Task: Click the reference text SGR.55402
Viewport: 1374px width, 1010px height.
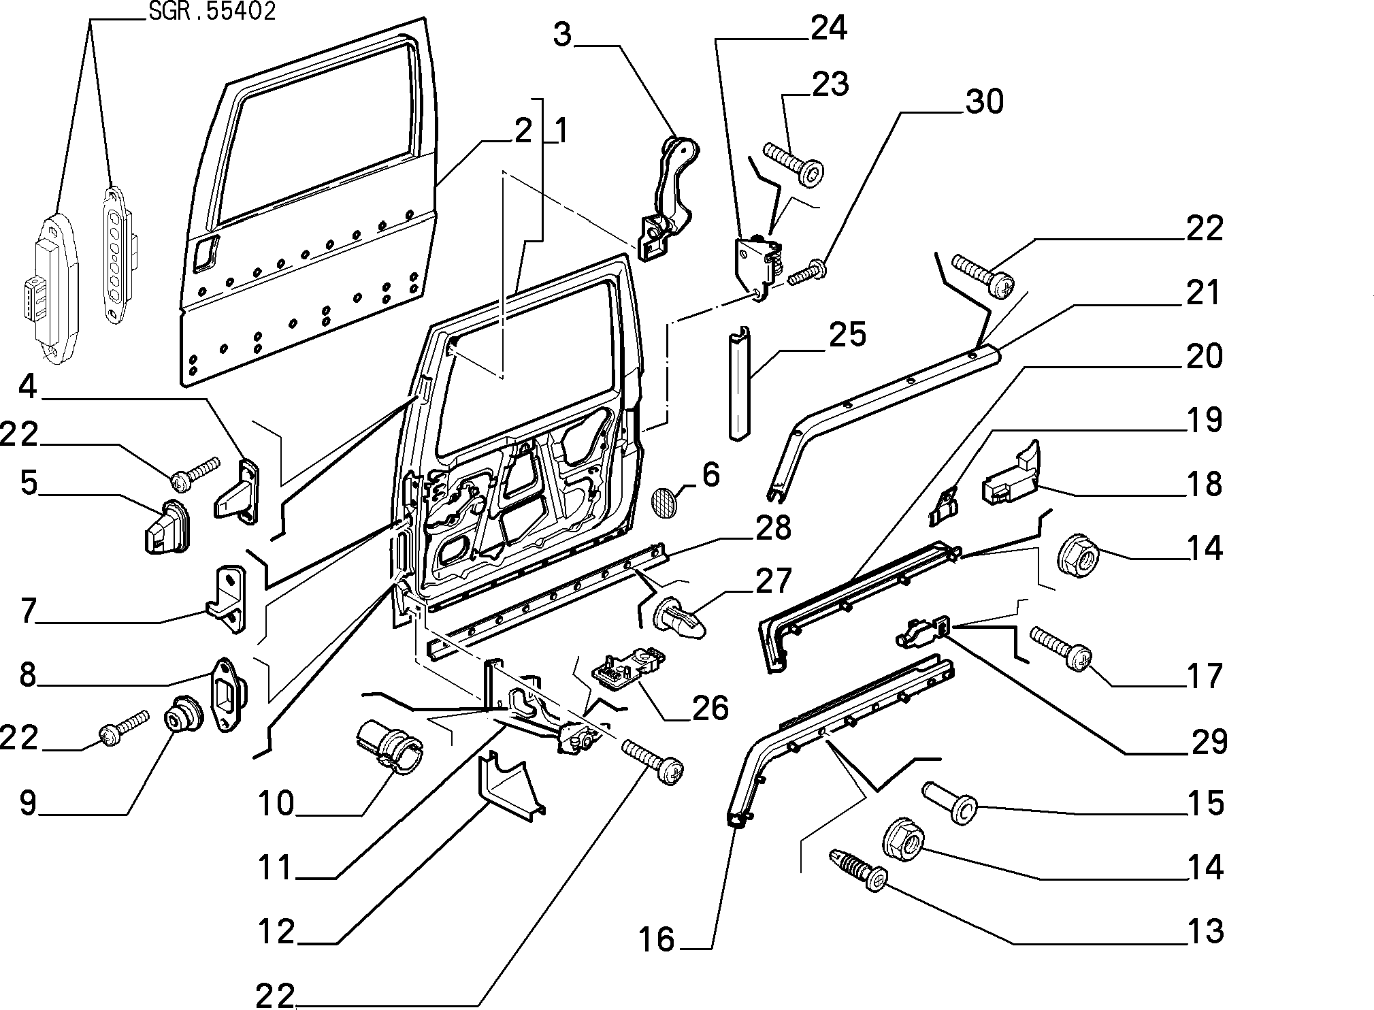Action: pyautogui.click(x=212, y=12)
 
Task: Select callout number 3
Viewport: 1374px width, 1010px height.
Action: pyautogui.click(x=563, y=35)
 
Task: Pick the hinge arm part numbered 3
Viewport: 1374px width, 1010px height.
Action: pyautogui.click(x=669, y=197)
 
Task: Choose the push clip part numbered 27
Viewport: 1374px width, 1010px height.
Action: pyautogui.click(x=679, y=615)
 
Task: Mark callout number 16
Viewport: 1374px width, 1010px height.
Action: pyautogui.click(x=656, y=939)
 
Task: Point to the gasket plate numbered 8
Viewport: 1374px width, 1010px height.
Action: pyautogui.click(x=228, y=694)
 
